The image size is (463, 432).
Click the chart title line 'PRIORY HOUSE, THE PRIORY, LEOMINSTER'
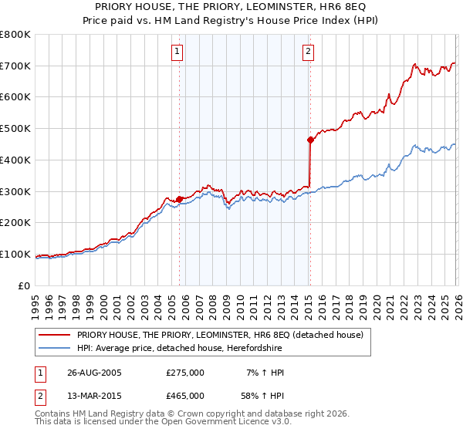[x=231, y=7]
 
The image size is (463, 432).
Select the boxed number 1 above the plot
[x=177, y=52]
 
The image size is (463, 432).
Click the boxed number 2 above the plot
[x=308, y=52]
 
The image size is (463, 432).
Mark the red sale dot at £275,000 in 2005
[x=180, y=199]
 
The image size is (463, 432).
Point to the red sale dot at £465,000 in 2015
[x=310, y=140]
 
